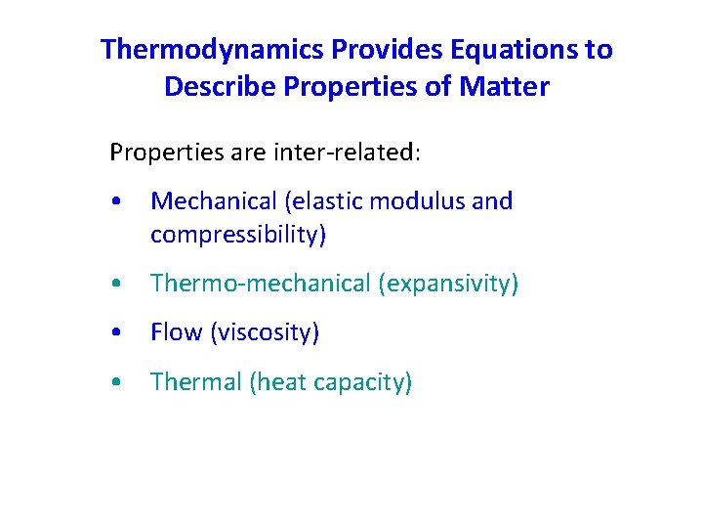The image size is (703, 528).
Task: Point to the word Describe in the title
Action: (x=221, y=87)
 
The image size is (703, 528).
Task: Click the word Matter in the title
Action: (x=509, y=87)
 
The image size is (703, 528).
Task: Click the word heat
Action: (x=283, y=382)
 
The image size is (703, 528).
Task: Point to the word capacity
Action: (x=363, y=382)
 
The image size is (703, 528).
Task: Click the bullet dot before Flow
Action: (x=117, y=333)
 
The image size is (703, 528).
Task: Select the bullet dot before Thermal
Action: (x=117, y=382)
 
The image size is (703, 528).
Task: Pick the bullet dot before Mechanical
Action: (x=117, y=202)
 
